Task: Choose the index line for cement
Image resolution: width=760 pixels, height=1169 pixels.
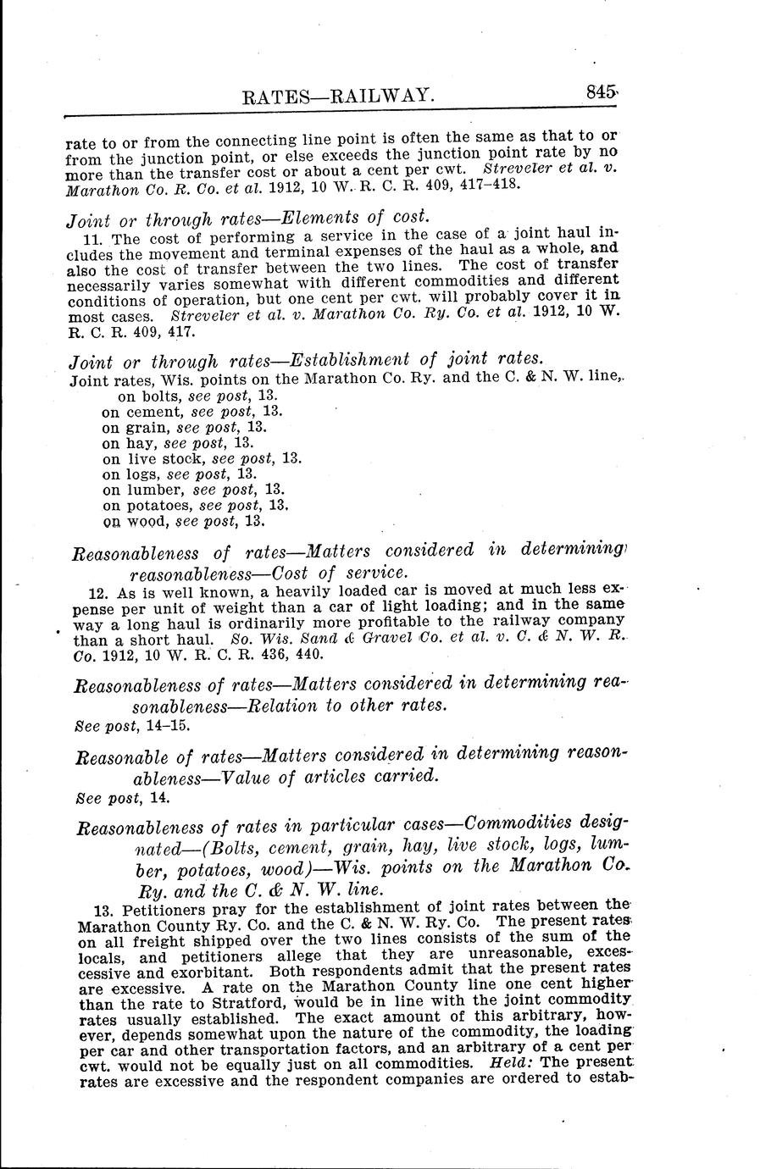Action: point(191,412)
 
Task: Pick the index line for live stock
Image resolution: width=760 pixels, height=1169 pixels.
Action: point(202,458)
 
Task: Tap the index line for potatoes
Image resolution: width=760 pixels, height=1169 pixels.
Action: point(196,506)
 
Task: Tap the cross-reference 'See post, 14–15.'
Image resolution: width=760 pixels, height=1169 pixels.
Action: point(132,726)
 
